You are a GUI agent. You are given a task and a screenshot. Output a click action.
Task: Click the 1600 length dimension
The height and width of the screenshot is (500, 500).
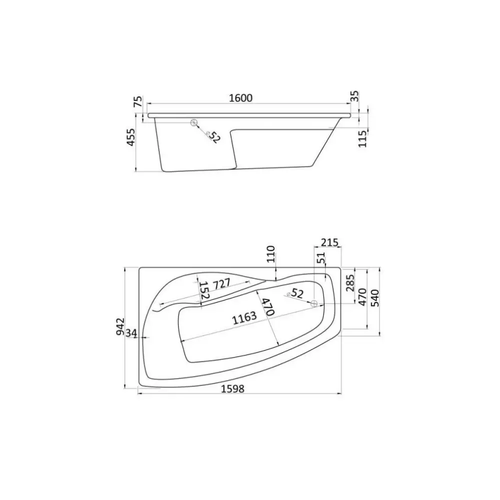coord(241,98)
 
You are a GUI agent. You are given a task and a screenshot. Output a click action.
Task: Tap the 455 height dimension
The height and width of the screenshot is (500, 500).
coord(131,137)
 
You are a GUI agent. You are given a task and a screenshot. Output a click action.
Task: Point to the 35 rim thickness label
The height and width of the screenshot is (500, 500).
coord(355,96)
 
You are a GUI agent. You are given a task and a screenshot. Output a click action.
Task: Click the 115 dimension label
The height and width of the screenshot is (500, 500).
coord(362,138)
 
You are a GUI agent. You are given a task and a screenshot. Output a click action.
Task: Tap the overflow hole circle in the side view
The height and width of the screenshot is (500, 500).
coord(194,122)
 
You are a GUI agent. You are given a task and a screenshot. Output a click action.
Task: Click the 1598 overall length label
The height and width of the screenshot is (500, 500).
coord(233,388)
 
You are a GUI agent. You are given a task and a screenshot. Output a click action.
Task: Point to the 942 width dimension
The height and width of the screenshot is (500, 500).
coord(120,326)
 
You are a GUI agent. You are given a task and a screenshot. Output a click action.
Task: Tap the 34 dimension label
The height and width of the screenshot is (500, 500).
coord(131,333)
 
